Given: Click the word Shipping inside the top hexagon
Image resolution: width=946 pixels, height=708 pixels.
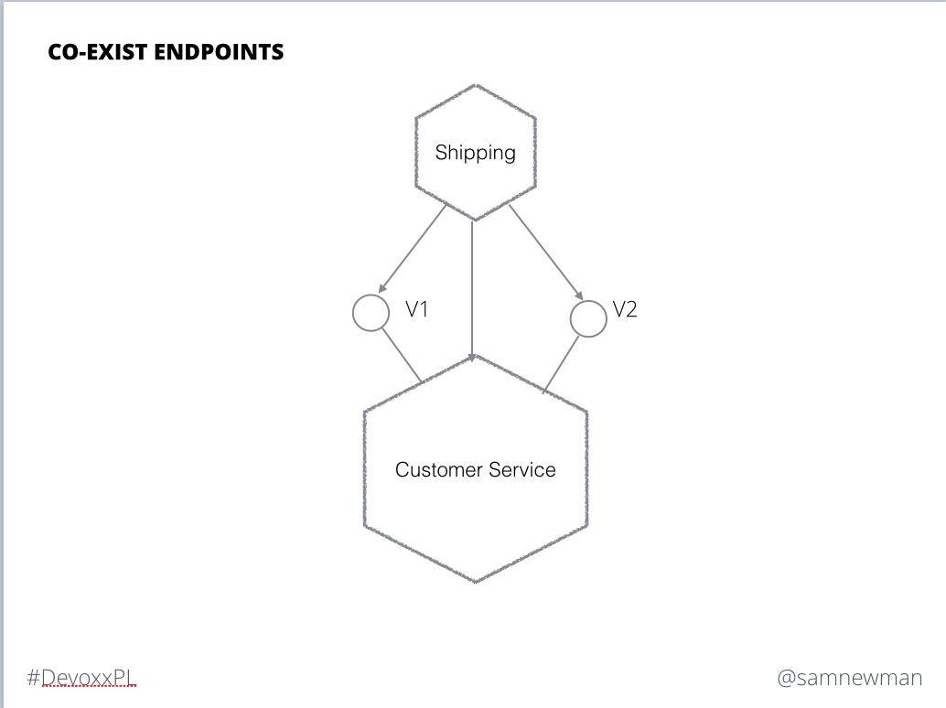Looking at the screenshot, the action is (x=476, y=153).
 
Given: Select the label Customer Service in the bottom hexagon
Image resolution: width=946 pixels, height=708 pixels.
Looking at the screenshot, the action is (x=476, y=469).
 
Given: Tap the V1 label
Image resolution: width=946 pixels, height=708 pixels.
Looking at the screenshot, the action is (x=416, y=309).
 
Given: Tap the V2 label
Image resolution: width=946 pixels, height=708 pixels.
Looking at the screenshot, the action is (x=625, y=309).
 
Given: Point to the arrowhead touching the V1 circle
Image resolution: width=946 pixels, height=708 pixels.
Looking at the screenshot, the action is (x=382, y=288).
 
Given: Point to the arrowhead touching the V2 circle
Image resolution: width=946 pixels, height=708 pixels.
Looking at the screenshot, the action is (x=578, y=295).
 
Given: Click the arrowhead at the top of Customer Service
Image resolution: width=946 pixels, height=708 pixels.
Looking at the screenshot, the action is (x=472, y=358).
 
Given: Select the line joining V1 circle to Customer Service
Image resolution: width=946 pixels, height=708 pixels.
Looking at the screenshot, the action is (x=402, y=356).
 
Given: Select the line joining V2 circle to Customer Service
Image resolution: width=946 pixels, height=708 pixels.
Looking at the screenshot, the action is (x=561, y=364).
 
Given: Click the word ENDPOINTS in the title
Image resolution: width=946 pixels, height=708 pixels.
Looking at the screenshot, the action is (x=219, y=52).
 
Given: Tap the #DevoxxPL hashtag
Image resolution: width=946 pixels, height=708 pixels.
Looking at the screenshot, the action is (x=81, y=677).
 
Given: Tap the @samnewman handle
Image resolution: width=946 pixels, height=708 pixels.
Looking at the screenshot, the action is (x=849, y=678).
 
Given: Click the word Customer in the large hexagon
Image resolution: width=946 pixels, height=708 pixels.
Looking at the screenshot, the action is (x=438, y=469).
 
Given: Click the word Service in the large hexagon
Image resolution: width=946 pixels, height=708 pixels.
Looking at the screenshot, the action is (x=522, y=469).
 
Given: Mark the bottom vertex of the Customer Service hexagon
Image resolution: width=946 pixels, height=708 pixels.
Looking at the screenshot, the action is (x=476, y=583).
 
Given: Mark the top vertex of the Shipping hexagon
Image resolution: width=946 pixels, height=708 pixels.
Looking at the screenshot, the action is (x=476, y=84).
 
